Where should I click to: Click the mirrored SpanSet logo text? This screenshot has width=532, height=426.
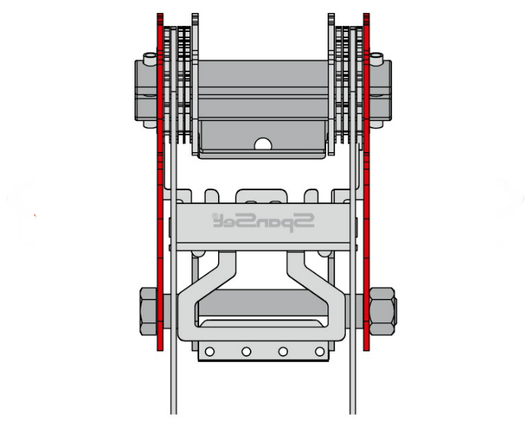pos(263,222)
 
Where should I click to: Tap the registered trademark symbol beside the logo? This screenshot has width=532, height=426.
pos(215,216)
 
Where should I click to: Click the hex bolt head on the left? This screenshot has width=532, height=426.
pos(148,312)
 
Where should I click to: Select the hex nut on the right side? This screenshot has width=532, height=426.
pos(382,312)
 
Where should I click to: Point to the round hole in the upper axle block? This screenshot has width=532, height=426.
pos(263,144)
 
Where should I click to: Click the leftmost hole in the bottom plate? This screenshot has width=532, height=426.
pos(210,351)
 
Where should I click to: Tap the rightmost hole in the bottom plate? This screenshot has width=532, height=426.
pos(320,351)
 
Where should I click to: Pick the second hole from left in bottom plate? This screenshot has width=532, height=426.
pos(246,351)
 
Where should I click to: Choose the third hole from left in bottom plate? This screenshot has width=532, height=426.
pos(283,351)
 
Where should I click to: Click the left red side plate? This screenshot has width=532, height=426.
pos(160,182)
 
